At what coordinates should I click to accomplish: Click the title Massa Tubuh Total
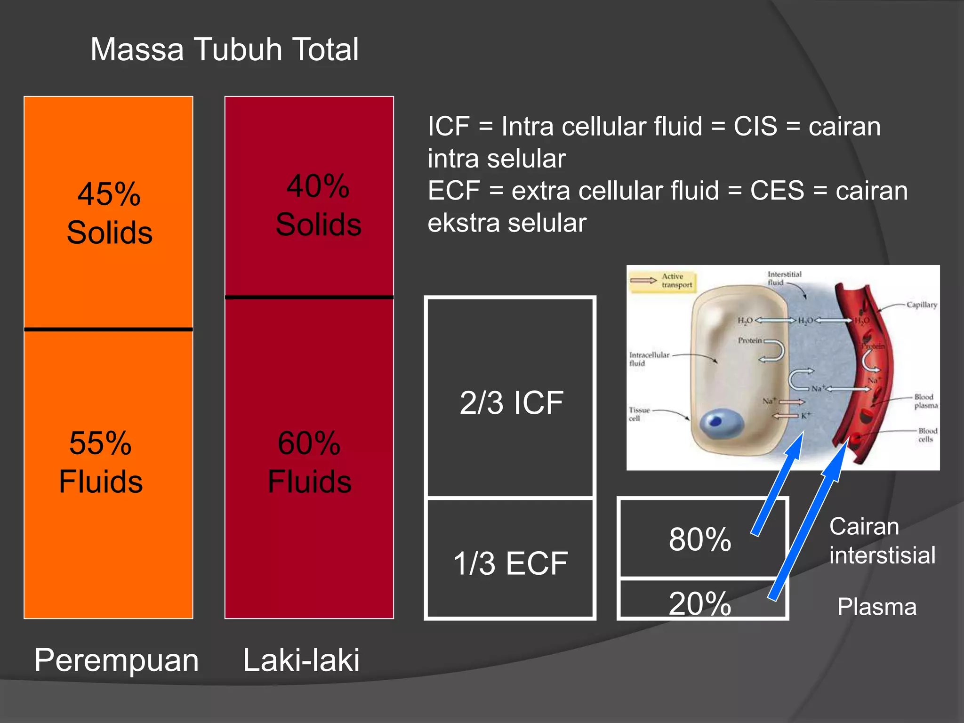click(x=225, y=49)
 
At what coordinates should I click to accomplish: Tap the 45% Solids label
click(x=109, y=213)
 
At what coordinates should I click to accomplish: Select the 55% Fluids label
click(x=101, y=462)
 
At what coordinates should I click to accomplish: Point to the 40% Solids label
click(x=318, y=205)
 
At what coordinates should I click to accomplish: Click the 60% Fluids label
click(x=309, y=462)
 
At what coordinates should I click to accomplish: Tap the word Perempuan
click(x=116, y=660)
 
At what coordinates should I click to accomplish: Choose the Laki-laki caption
click(x=301, y=660)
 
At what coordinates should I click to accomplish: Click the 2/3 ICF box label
click(x=511, y=403)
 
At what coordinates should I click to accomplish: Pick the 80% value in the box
click(x=700, y=539)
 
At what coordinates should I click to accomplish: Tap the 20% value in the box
click(x=700, y=603)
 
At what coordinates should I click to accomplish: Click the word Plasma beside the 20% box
click(x=877, y=607)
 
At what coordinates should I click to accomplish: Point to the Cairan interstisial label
click(x=882, y=541)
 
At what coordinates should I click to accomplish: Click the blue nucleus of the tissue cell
click(x=720, y=421)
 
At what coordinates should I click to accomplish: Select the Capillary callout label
click(x=922, y=305)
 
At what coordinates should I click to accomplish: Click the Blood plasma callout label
click(x=925, y=401)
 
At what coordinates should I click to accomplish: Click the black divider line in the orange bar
click(x=108, y=329)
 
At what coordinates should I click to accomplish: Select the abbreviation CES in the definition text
click(x=777, y=191)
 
